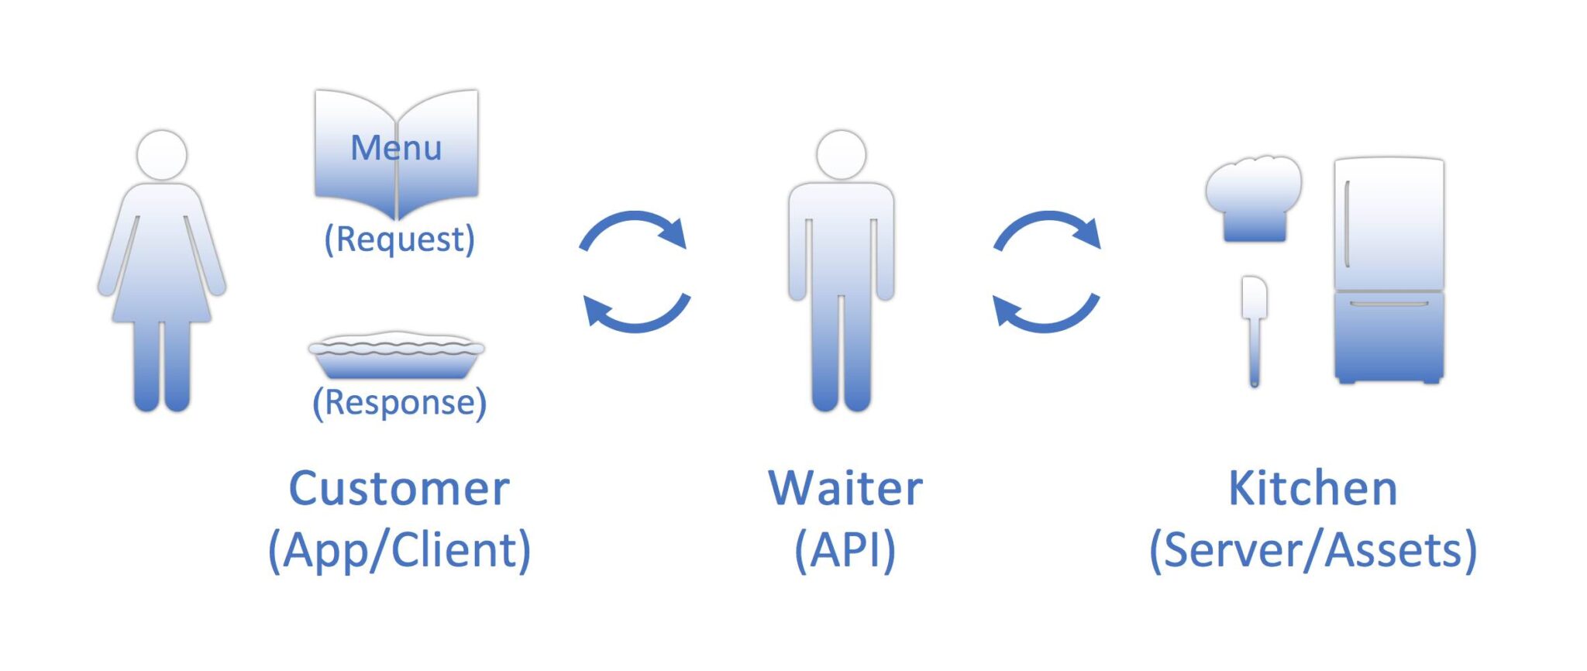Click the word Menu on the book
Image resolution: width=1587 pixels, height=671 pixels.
point(396,147)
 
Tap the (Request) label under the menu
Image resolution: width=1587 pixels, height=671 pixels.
point(399,239)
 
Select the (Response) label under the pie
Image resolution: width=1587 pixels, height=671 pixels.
point(399,403)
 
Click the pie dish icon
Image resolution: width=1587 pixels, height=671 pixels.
point(396,356)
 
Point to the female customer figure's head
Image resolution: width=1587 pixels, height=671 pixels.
point(162,155)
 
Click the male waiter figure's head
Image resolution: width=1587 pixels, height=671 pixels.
point(841,155)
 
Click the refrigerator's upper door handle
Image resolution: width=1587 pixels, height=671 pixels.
point(1348,225)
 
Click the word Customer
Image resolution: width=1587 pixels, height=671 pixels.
point(399,489)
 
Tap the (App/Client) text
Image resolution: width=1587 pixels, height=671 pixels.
point(399,551)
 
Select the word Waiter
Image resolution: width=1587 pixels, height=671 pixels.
point(845,489)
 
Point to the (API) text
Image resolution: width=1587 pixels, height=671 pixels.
point(845,551)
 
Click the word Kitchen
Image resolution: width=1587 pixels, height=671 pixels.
point(1313,489)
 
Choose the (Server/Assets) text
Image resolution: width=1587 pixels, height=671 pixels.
point(1313,551)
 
